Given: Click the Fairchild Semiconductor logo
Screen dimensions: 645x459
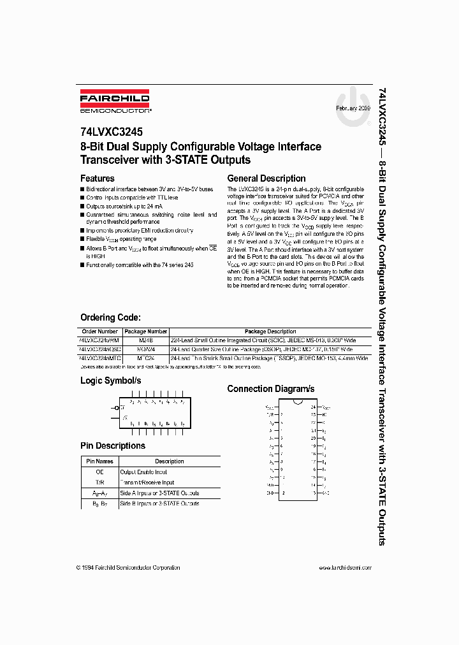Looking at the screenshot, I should tap(115, 103).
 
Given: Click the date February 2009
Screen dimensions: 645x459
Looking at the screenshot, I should tap(353, 109).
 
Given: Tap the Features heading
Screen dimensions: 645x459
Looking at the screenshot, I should tap(97, 178).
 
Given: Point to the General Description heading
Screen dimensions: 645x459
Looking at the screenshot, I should tap(266, 178).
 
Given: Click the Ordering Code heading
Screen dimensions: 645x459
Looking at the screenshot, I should tap(110, 317).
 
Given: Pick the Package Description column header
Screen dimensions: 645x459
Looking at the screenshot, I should tap(270, 331).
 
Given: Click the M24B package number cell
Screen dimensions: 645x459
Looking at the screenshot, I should tap(145, 340).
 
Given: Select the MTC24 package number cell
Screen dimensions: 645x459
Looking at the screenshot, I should tap(145, 359).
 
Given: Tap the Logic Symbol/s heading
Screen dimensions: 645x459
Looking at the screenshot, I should tap(110, 380).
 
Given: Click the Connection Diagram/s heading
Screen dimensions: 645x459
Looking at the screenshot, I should tap(270, 389).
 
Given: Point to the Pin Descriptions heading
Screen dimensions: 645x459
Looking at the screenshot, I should tap(112, 446).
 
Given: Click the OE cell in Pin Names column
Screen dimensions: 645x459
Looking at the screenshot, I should tap(99, 472).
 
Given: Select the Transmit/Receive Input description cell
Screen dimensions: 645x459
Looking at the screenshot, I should tap(147, 482).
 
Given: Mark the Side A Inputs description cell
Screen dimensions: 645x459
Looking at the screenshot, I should tap(159, 493).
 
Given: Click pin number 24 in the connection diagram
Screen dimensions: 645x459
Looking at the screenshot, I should tap(313, 407).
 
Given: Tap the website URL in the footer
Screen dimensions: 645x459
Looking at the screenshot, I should tap(344, 567).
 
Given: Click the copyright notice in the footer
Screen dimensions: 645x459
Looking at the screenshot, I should tap(127, 567).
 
